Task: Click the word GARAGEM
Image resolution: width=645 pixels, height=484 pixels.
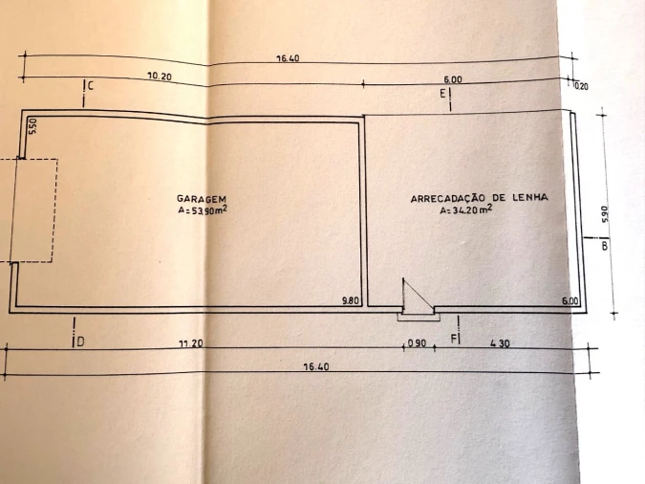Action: click(x=202, y=199)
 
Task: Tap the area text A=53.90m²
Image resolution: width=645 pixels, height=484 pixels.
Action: click(x=203, y=210)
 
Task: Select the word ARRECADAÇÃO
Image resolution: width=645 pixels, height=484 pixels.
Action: click(x=447, y=199)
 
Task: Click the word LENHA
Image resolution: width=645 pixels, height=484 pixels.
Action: click(x=529, y=197)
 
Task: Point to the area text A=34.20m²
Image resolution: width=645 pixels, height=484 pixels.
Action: click(x=466, y=209)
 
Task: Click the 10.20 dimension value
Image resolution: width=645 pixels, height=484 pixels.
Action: click(x=160, y=77)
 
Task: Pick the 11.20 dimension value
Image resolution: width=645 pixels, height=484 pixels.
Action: click(x=191, y=343)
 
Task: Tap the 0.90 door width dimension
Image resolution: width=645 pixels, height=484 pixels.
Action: click(x=418, y=343)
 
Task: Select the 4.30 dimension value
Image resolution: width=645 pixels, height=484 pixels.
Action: click(x=500, y=343)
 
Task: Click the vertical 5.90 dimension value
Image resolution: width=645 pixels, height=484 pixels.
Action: click(x=604, y=214)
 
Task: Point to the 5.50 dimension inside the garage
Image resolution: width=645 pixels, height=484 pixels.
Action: click(x=32, y=126)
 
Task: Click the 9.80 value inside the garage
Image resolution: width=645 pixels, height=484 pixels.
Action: click(x=351, y=300)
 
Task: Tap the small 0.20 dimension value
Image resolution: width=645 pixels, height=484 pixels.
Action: click(x=581, y=86)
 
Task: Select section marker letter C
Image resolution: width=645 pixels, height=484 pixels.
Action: click(x=91, y=86)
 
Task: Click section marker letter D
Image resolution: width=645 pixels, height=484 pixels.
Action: click(x=80, y=341)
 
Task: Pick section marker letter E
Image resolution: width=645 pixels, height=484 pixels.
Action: click(x=442, y=94)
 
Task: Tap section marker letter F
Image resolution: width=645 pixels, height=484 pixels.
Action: click(x=454, y=340)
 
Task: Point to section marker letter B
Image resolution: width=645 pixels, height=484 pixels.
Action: click(x=605, y=246)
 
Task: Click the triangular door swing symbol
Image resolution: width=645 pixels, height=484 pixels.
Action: click(x=418, y=296)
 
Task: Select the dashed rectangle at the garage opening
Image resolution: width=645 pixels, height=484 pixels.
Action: click(x=29, y=210)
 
